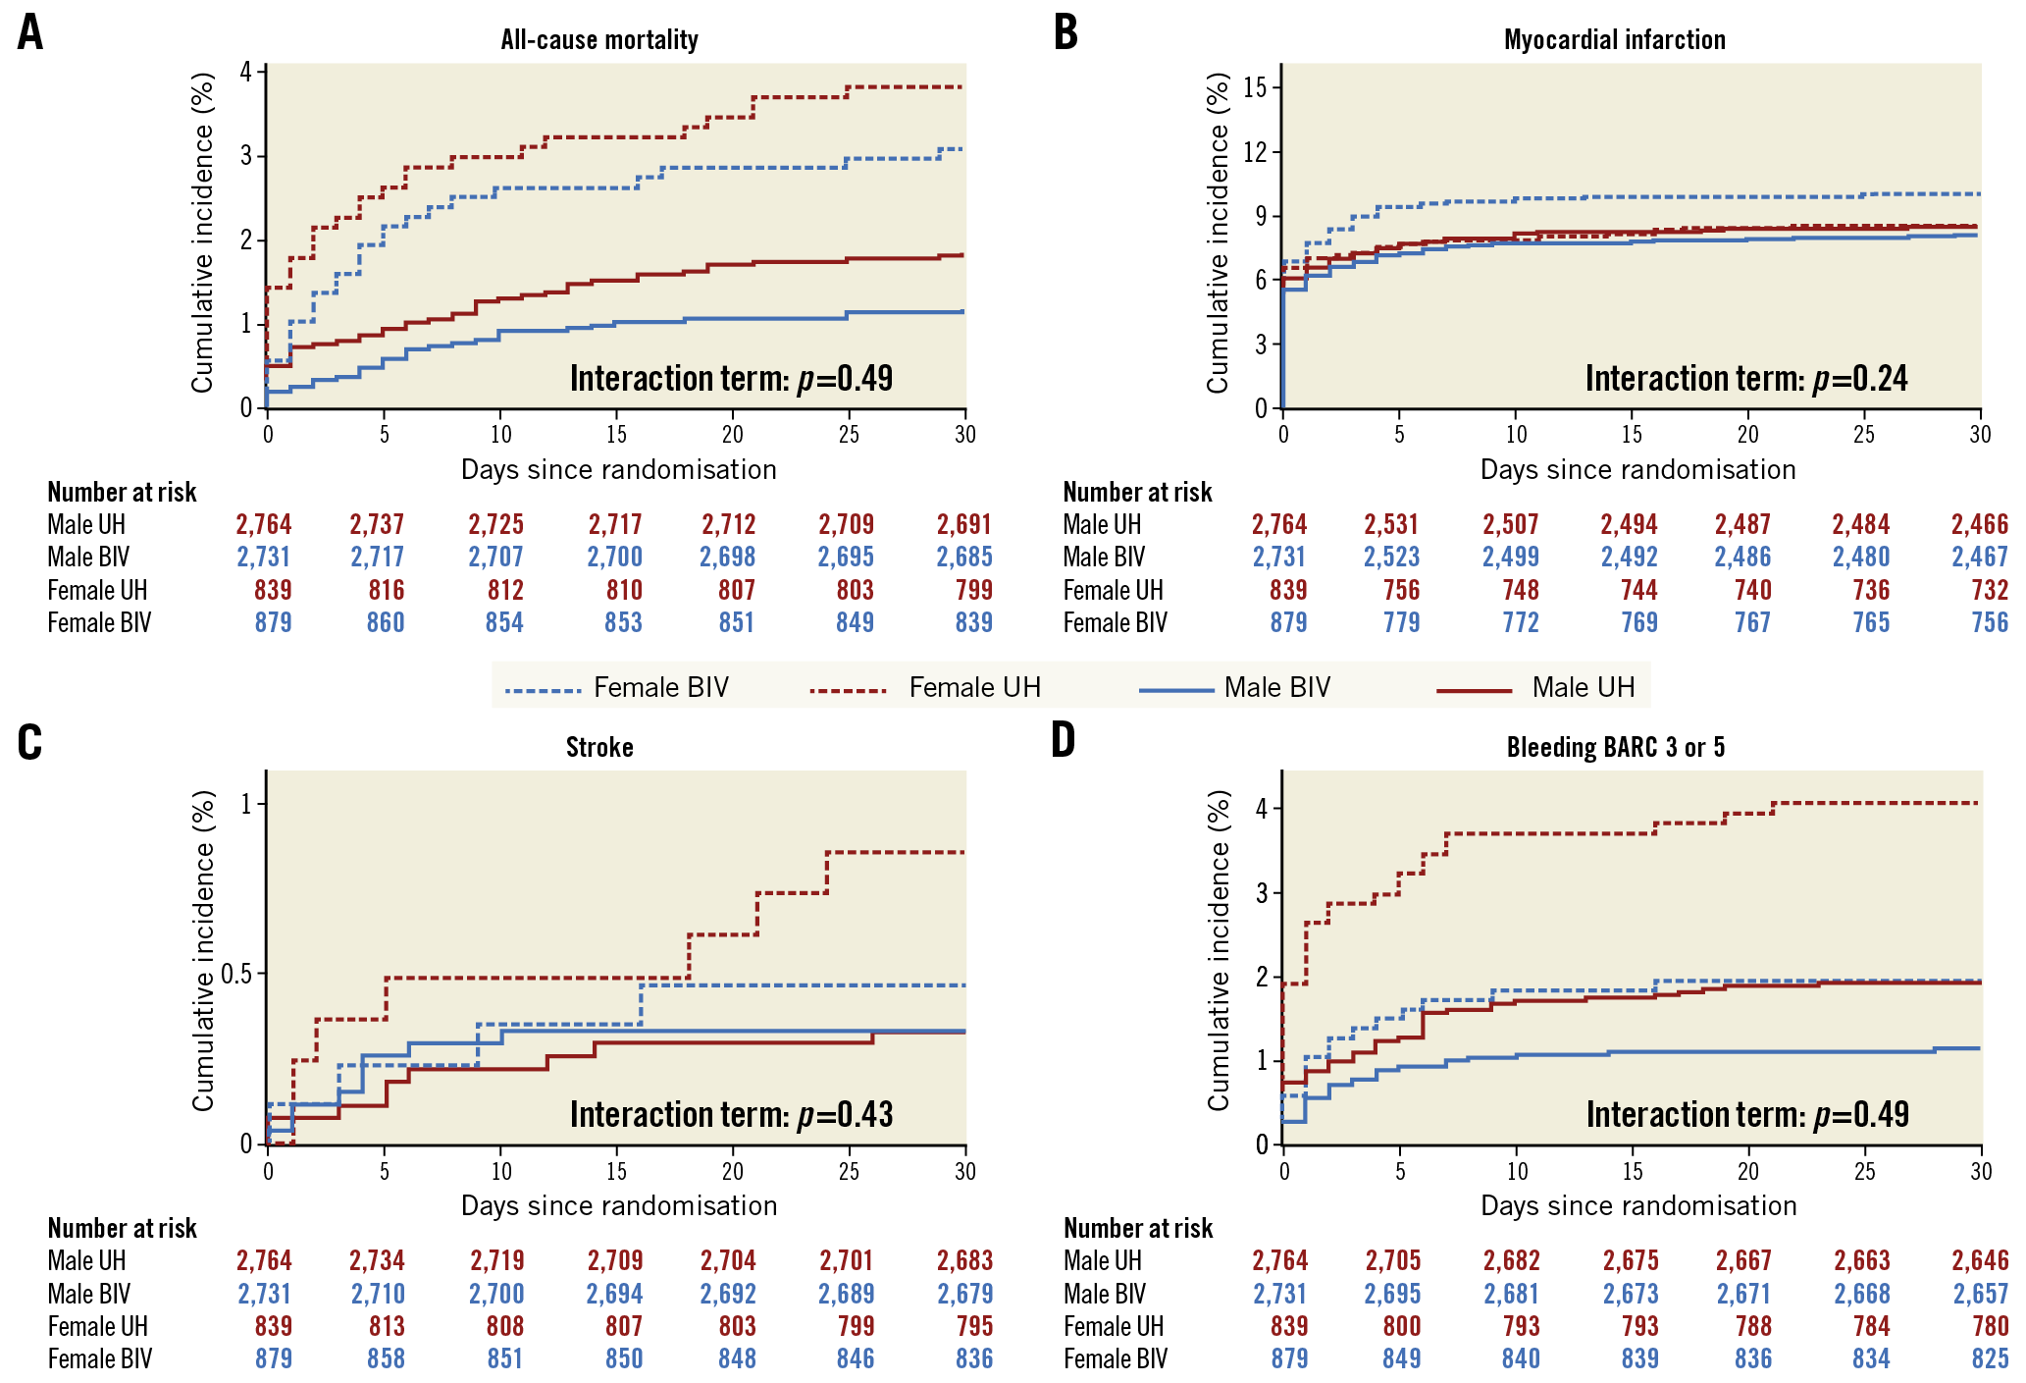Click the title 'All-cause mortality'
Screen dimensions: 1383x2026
coord(599,40)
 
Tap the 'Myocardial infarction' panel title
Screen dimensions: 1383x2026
coord(1614,40)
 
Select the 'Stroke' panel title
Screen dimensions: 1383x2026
coord(599,748)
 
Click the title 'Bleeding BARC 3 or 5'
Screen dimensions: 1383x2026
coord(1615,748)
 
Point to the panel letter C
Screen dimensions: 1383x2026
coord(30,742)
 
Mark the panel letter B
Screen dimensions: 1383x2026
coord(1065,32)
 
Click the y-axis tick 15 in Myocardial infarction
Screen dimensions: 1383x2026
coord(1255,88)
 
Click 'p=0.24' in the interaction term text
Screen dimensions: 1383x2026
coord(1860,379)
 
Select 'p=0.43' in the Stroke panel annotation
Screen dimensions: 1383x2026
coord(845,1115)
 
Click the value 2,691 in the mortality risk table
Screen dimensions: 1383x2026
coord(964,525)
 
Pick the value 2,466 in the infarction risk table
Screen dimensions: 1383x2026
coord(1980,525)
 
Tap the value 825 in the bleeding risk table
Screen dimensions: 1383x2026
coord(1990,1359)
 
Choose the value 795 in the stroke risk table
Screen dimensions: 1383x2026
coord(974,1327)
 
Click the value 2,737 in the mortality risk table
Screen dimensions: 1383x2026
coord(377,525)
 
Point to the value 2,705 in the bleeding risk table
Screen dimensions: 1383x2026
coord(1392,1261)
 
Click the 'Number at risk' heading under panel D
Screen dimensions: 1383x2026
coord(1138,1229)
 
